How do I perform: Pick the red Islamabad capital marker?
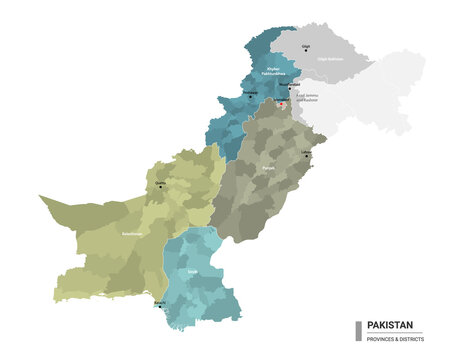[281, 105]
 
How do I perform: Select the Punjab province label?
[268, 169]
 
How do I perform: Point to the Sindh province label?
[191, 271]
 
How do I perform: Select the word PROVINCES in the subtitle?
[381, 337]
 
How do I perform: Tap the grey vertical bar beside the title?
[358, 330]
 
